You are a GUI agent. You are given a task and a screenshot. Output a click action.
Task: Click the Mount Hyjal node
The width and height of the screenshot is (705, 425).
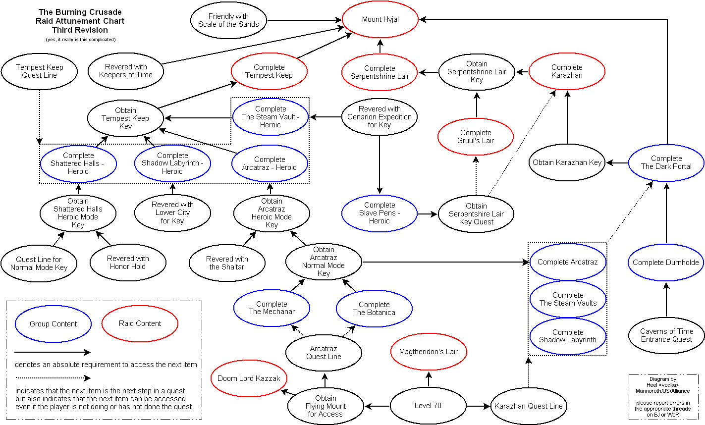point(380,20)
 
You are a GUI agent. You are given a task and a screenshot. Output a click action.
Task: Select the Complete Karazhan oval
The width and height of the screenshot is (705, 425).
point(567,71)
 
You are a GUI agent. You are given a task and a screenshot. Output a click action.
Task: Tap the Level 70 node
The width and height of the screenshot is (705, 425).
point(428,406)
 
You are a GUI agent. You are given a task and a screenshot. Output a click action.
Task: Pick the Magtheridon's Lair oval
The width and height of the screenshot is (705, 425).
point(429,352)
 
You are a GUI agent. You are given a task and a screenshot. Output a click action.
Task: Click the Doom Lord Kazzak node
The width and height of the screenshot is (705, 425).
point(249,378)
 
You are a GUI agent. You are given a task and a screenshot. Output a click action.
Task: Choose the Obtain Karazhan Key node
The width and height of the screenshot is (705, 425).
point(567,162)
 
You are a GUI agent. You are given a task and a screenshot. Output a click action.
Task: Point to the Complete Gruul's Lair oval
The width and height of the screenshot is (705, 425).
point(476,137)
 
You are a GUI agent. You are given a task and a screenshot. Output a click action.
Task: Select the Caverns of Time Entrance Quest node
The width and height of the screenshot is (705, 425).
point(666,335)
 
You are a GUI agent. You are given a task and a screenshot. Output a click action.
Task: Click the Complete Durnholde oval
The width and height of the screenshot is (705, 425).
point(666,263)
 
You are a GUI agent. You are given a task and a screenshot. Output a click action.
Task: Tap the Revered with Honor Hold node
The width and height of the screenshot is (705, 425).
point(128,263)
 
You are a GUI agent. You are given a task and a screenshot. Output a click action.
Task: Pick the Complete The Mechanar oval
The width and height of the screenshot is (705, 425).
point(271,308)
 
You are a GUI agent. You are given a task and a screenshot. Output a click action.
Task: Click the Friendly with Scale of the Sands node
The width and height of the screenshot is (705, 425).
point(228,20)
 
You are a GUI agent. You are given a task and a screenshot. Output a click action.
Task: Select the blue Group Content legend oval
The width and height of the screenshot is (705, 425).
point(54,324)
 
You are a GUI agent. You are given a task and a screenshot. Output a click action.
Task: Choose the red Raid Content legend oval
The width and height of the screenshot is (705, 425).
point(140,323)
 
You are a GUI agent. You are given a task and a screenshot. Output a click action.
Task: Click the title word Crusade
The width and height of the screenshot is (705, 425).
point(102,12)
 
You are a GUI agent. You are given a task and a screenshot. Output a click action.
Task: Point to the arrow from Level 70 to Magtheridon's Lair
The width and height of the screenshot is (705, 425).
point(428,379)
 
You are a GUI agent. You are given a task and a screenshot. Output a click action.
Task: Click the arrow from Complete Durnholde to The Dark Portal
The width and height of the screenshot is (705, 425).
point(666,213)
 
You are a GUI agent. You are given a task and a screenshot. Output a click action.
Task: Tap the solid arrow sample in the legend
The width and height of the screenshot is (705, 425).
point(52,353)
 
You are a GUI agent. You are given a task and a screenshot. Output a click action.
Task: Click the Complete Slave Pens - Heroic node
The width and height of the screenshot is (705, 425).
point(380,213)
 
